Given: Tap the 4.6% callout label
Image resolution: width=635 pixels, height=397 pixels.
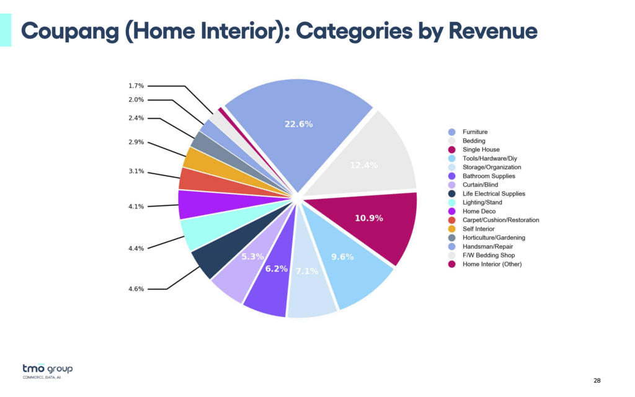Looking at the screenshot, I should (x=136, y=289).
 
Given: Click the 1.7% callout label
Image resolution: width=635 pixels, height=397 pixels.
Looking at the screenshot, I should (x=136, y=86).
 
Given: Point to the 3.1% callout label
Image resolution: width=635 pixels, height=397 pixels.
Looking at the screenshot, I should (x=136, y=172).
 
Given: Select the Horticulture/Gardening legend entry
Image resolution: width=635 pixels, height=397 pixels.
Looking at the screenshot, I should (x=494, y=238).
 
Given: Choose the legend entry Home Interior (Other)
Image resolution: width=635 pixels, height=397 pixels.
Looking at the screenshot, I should (x=492, y=264).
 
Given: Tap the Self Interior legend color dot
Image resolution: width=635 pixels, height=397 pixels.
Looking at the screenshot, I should (x=451, y=229).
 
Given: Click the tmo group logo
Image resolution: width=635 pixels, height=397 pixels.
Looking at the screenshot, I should (x=47, y=371).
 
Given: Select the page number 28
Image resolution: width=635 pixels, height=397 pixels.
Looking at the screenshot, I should (x=597, y=380).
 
